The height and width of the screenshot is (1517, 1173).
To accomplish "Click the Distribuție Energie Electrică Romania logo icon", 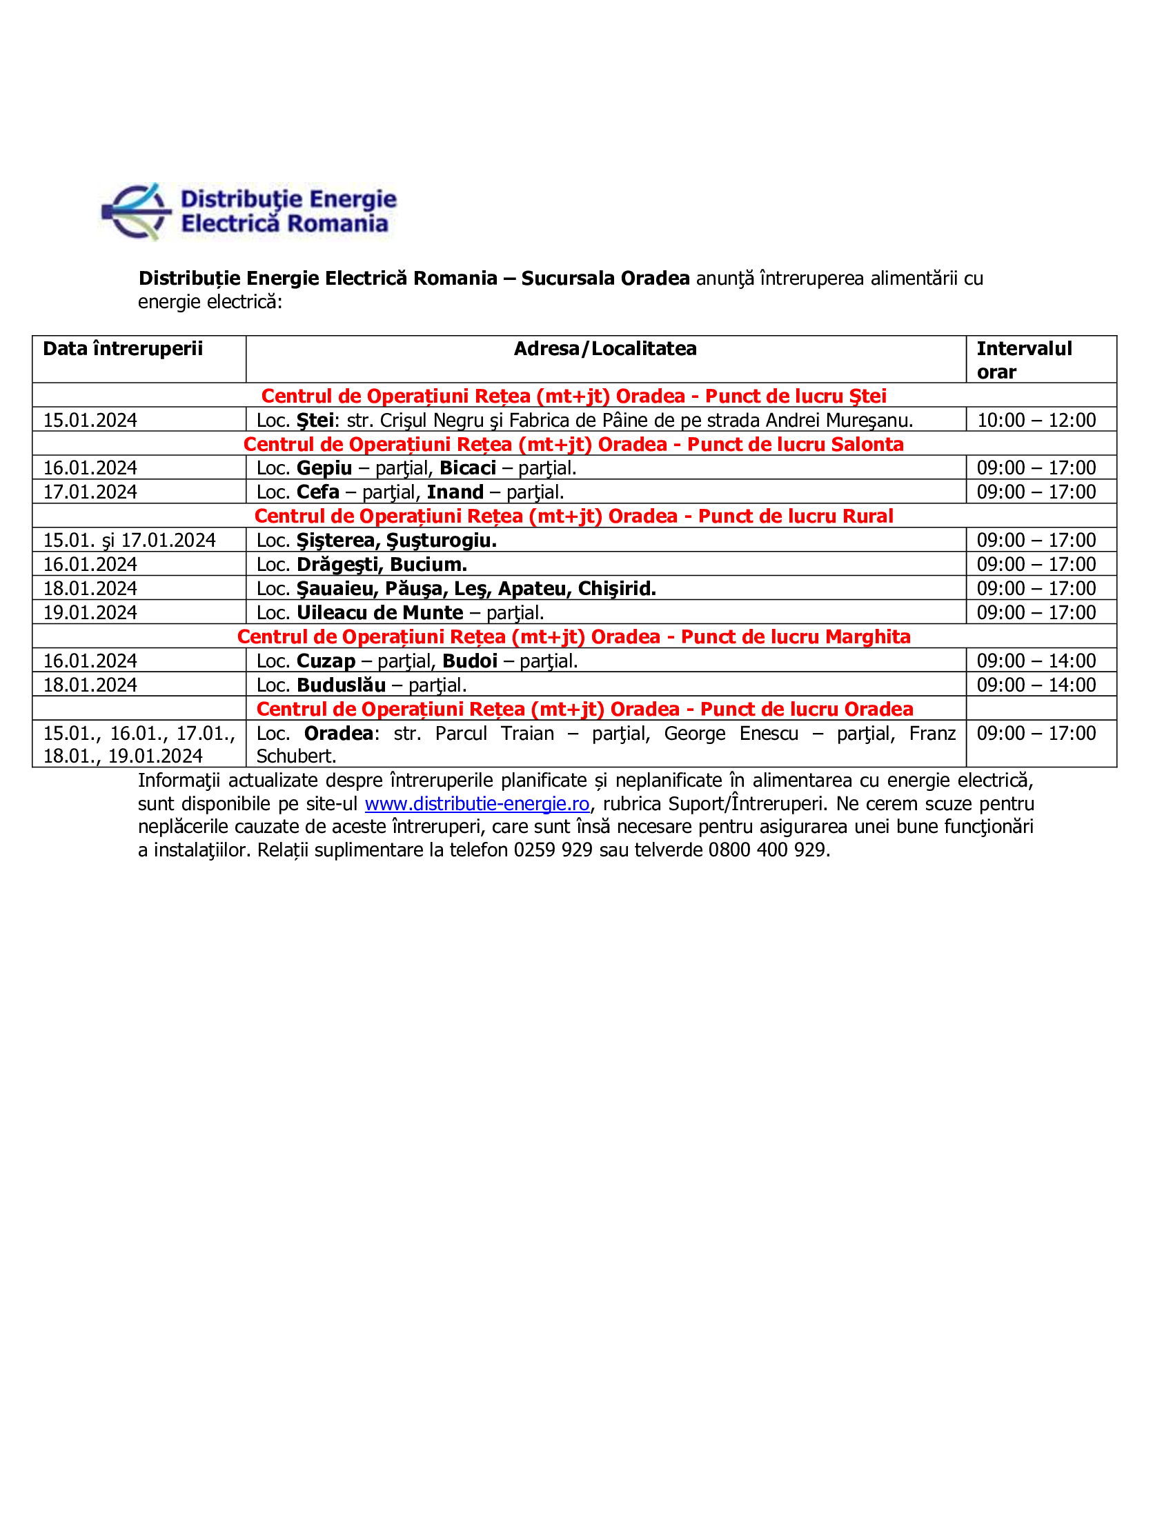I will [x=137, y=212].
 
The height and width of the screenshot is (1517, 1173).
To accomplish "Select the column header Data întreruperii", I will [x=123, y=349].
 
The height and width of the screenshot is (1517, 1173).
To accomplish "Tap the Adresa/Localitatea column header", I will [x=604, y=349].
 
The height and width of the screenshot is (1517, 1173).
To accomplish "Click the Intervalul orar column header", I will [x=1023, y=360].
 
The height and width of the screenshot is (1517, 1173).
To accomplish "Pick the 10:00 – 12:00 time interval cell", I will [x=1036, y=420].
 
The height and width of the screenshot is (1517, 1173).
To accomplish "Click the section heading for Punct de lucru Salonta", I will [x=573, y=445].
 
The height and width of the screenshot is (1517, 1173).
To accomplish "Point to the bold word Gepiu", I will [x=324, y=468].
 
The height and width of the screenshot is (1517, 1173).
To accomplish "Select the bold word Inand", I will [x=455, y=492].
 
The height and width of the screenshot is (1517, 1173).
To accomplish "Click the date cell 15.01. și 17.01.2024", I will [x=129, y=541].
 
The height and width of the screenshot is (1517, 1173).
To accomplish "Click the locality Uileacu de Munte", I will [x=379, y=613].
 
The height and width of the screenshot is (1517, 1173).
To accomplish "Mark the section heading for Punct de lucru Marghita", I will [x=573, y=637].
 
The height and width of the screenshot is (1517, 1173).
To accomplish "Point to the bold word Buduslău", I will [x=341, y=685].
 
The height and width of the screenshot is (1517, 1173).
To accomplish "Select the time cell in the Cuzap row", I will [x=1036, y=661].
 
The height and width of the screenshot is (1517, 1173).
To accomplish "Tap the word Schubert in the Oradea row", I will [x=296, y=756].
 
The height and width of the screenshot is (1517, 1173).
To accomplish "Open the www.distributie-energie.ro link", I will [x=477, y=804].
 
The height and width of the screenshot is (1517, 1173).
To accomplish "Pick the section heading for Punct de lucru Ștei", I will [x=573, y=396].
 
